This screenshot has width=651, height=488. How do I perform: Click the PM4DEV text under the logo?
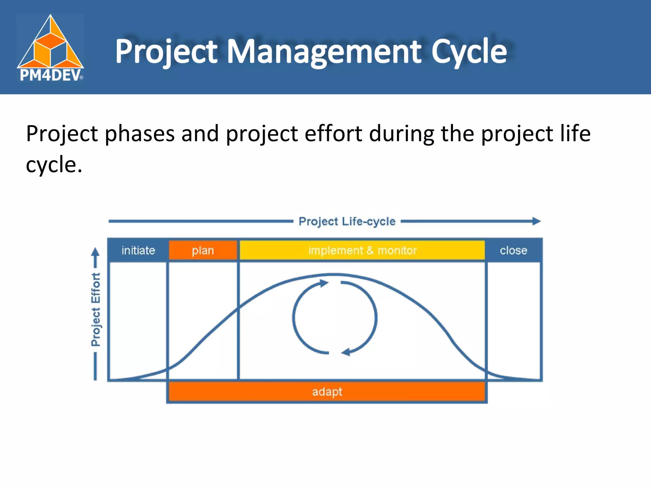click(50, 76)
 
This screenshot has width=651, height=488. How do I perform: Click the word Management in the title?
click(324, 52)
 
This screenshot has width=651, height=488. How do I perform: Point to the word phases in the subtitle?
click(140, 134)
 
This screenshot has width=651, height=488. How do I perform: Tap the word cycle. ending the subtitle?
click(54, 165)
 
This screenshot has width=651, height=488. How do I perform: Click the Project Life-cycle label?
click(347, 221)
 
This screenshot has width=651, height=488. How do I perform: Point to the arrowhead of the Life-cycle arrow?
click(537, 221)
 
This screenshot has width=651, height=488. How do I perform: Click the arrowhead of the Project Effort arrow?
click(95, 252)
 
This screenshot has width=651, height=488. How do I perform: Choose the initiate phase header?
click(138, 250)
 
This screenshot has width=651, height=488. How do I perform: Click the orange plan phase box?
click(203, 250)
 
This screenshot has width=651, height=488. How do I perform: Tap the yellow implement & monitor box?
click(362, 250)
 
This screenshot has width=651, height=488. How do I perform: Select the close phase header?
click(513, 250)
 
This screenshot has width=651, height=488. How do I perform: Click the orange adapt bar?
click(327, 392)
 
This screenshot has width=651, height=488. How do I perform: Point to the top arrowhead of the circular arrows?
click(324, 283)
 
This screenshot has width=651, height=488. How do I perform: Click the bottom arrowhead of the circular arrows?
click(346, 352)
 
